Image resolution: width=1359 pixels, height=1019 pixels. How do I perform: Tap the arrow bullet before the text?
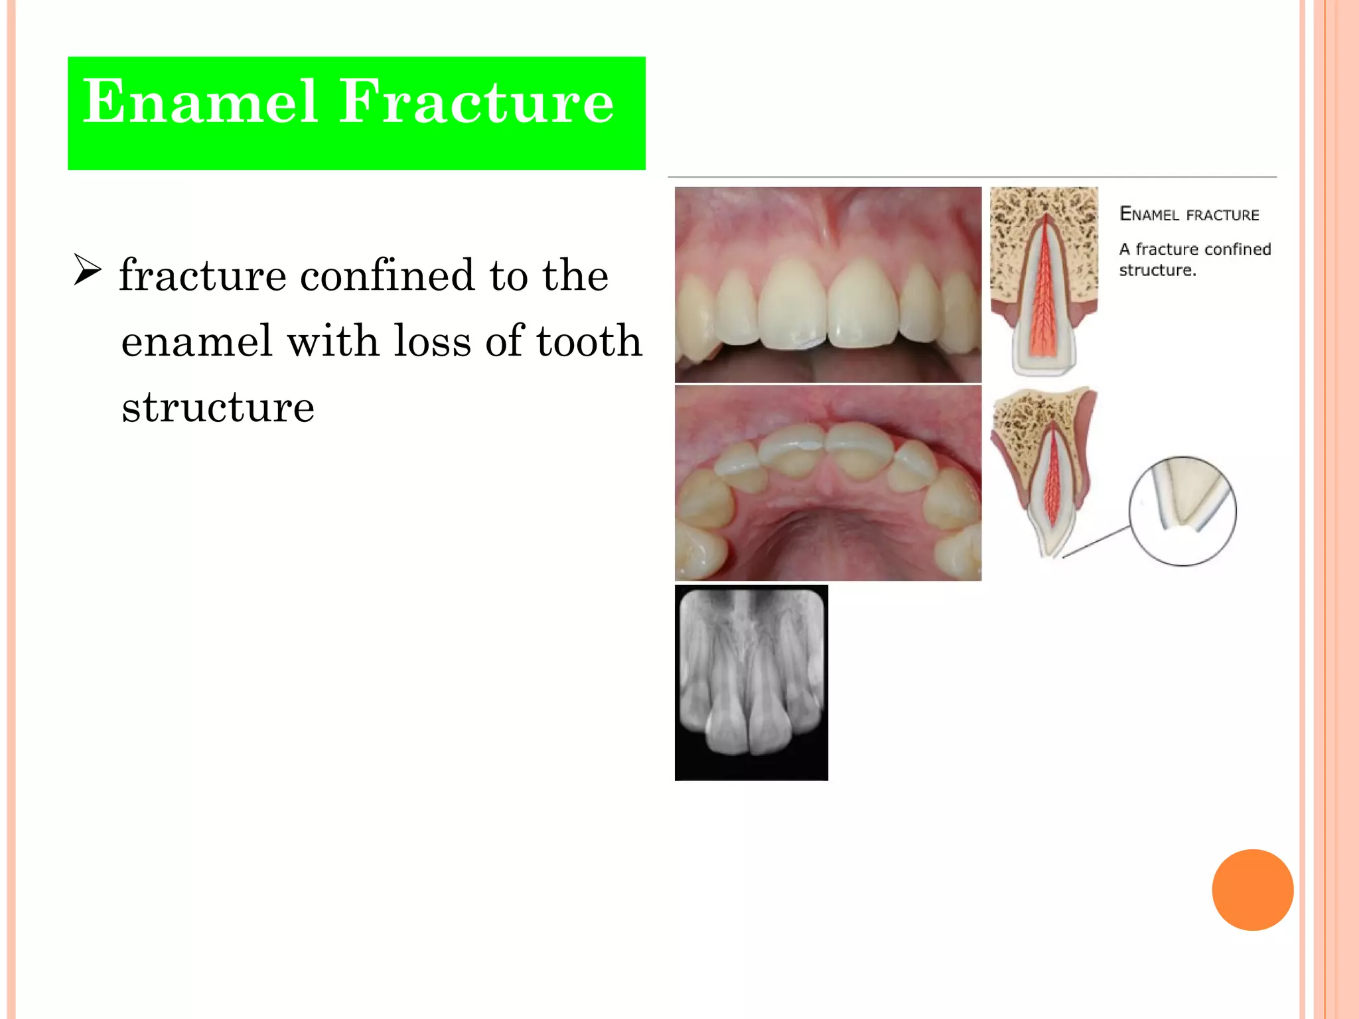point(87,270)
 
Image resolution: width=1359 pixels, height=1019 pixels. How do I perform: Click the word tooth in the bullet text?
point(589,341)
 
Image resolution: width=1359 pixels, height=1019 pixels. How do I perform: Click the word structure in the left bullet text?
point(218,407)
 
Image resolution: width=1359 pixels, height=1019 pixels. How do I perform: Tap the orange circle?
point(1252,890)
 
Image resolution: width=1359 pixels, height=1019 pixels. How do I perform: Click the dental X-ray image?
point(751,682)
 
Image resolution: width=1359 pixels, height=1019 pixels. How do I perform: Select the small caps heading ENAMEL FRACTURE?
point(1189,214)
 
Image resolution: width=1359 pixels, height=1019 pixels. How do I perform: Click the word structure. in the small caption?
point(1157,270)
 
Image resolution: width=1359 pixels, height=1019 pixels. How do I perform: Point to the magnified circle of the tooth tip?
point(1182,511)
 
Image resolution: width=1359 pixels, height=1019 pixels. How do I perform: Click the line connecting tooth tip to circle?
point(1095,542)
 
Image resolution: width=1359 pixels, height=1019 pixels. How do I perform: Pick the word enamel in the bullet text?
point(196,341)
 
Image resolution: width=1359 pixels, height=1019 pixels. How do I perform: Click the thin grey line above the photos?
point(971,177)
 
